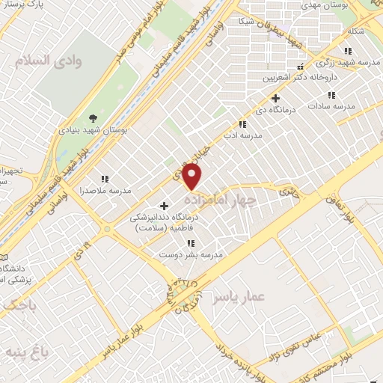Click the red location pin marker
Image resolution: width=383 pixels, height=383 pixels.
193,177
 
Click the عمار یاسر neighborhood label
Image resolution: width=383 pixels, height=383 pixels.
238,297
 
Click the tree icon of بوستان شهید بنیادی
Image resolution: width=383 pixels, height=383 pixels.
93,117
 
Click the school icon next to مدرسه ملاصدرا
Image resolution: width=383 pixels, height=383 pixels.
105,179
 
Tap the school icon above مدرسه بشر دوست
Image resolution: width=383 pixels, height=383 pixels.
191,243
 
